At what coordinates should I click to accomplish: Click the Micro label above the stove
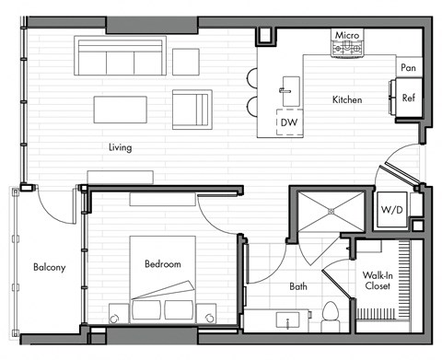click(x=346, y=34)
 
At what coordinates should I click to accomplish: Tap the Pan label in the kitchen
click(x=408, y=67)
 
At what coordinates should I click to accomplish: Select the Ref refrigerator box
click(x=407, y=95)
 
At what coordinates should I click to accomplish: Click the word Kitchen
click(x=346, y=99)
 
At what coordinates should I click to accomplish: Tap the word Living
click(x=120, y=146)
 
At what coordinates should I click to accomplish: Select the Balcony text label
click(x=49, y=268)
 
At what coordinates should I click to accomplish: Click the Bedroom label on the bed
click(x=162, y=264)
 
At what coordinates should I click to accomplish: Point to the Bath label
click(x=298, y=286)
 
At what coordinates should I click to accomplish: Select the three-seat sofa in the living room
click(x=120, y=57)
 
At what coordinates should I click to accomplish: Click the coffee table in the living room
click(x=120, y=109)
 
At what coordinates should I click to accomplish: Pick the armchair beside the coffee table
click(x=192, y=109)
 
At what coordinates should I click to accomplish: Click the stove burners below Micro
click(x=347, y=49)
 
